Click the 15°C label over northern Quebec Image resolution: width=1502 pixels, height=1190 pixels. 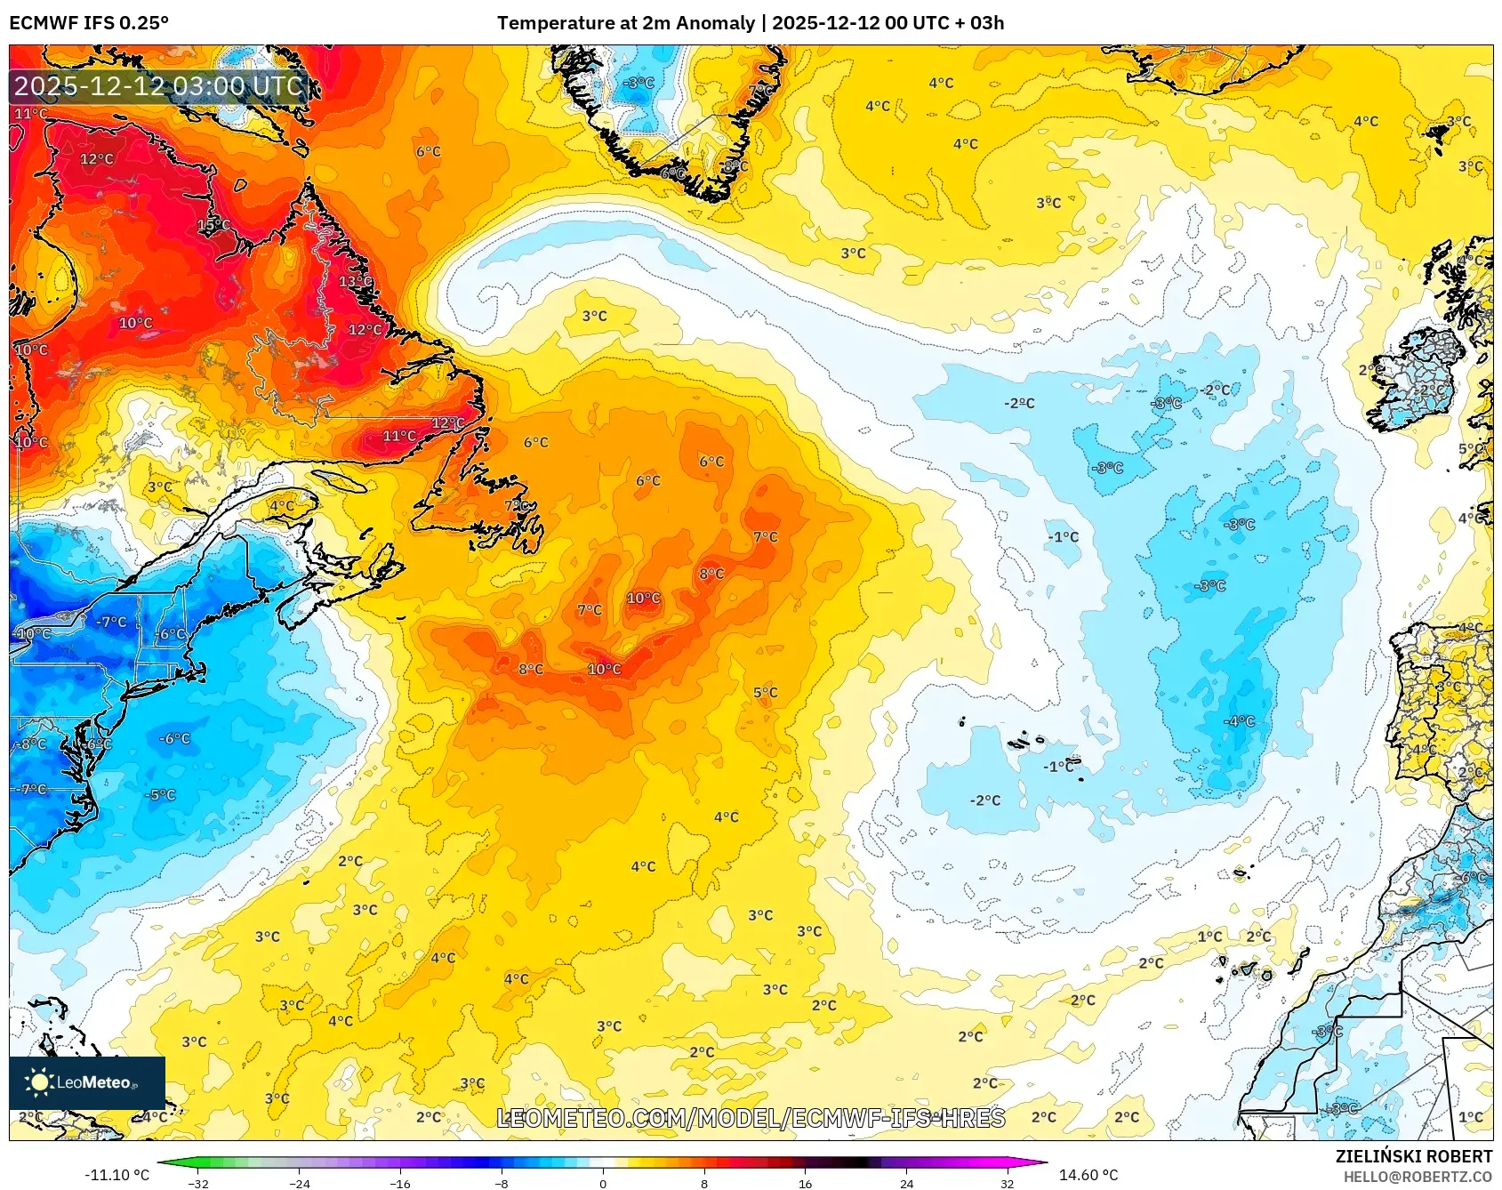pos(213,225)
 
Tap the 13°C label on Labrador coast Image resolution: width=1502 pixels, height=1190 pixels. pos(356,281)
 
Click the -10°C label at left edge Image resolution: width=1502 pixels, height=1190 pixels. pos(34,633)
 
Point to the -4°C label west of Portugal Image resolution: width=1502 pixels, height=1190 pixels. pos(1239,721)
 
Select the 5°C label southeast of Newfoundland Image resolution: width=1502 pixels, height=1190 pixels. pos(765,692)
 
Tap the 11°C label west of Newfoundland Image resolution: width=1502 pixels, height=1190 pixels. pos(399,436)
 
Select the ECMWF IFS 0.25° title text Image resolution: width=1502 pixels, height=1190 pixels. pos(89,23)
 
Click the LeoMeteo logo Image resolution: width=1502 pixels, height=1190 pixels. pos(87,1082)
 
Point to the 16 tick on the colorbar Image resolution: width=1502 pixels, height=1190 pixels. pos(805,1183)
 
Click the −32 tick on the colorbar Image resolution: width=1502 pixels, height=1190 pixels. pos(198,1183)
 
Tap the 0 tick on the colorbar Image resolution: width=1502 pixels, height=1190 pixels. pos(603,1183)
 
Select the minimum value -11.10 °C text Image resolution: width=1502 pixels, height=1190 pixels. pos(116,1175)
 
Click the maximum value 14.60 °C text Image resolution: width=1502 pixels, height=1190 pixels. pos(1088,1175)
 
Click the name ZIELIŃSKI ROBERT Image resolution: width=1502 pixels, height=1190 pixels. pos(1413,1156)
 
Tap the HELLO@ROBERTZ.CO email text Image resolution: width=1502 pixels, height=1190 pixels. pos(1417,1177)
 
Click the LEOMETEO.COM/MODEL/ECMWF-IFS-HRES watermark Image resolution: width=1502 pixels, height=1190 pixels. pos(751,1118)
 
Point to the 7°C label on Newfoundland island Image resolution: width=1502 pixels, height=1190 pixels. pos(517,505)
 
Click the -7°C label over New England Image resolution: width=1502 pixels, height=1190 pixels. pos(111,622)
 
